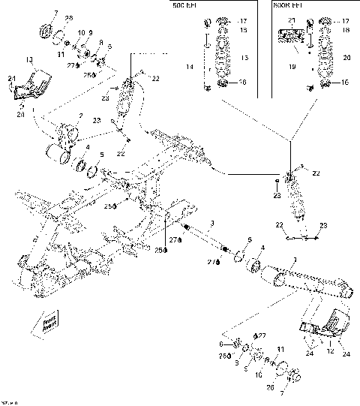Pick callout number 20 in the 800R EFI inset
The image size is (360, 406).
(x=346, y=57)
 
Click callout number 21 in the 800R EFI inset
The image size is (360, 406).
(x=292, y=20)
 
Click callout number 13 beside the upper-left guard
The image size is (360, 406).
(x=28, y=59)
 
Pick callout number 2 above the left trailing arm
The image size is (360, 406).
(x=70, y=116)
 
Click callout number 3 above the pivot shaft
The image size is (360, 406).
(x=212, y=224)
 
